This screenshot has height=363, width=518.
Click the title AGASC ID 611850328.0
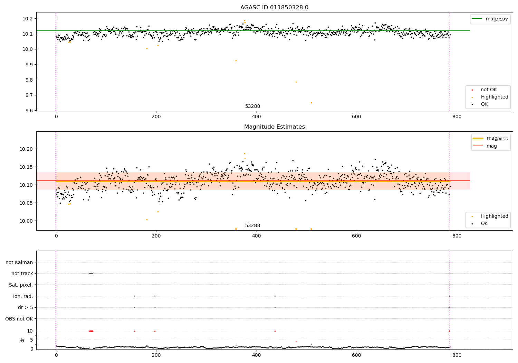pos(274,8)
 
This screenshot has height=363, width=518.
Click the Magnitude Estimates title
pos(274,127)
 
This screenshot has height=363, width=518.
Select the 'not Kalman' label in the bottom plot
pos(19,262)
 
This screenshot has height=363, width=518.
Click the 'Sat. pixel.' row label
pos(21,285)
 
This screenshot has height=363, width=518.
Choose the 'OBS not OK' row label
pos(19,319)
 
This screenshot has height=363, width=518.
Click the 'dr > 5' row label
pos(25,307)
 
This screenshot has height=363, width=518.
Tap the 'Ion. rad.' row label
pos(23,296)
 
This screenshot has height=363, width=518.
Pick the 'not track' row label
pos(22,273)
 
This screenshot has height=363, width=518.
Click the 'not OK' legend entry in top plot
pos(489,90)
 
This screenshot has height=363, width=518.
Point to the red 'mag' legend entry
pos(491,146)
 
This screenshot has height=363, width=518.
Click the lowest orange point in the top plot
pos(311,103)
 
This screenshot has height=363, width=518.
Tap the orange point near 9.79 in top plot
pos(296,82)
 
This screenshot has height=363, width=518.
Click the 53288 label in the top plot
pos(252,106)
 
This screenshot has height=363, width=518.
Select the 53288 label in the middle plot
pos(252,226)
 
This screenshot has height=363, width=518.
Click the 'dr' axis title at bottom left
pos(22,340)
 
